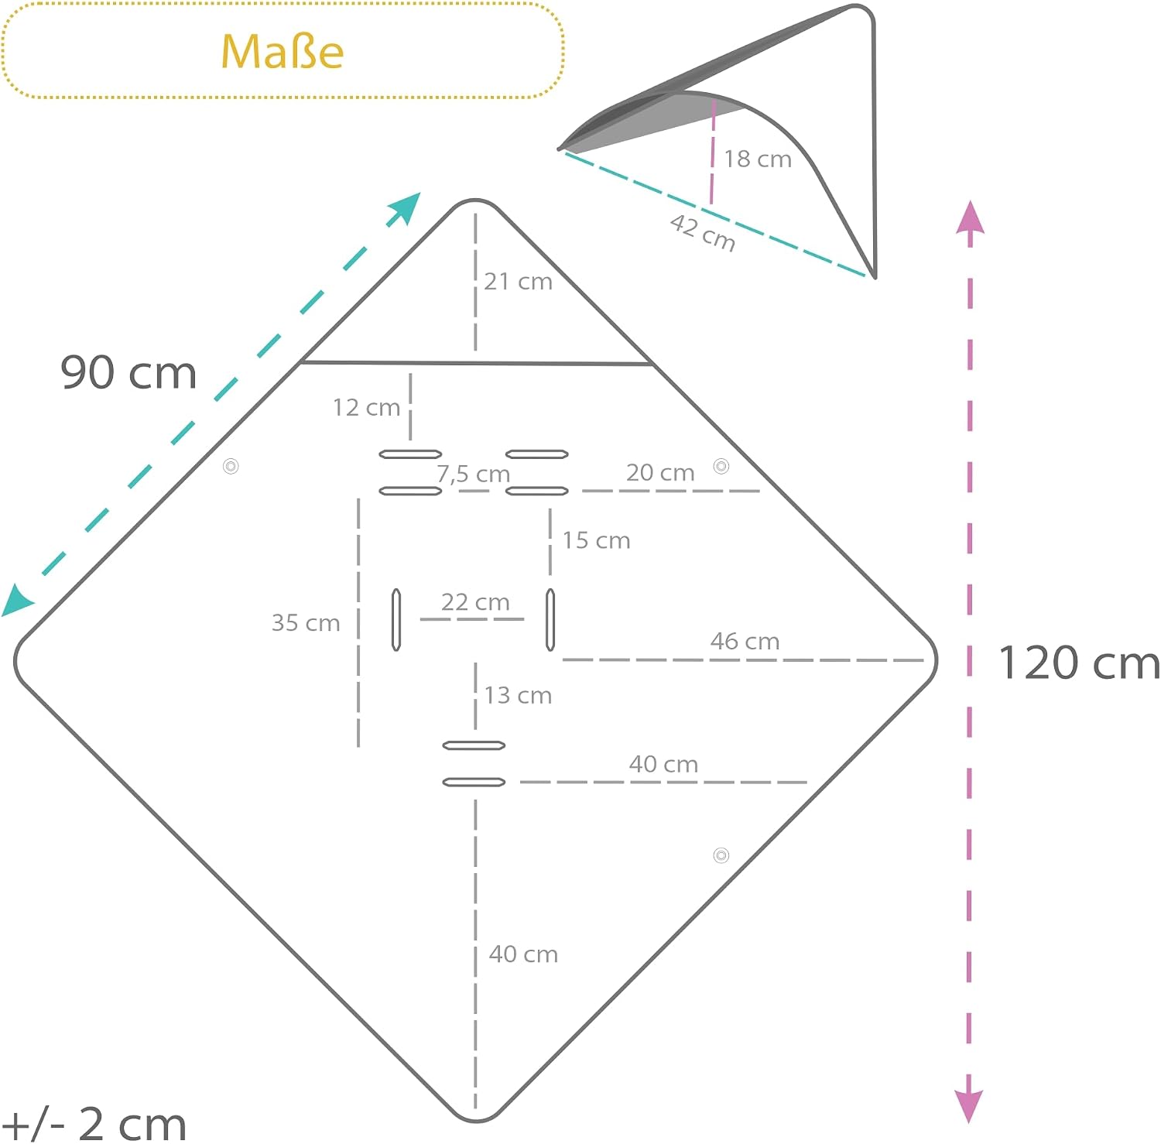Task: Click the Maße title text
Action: tap(283, 52)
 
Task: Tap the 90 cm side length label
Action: tap(128, 372)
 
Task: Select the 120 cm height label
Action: tap(1080, 663)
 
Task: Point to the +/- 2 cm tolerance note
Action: tap(94, 1124)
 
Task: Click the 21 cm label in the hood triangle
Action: tap(518, 281)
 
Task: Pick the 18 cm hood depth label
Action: tap(758, 159)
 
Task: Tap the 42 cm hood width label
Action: tap(703, 233)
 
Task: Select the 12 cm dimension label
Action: tap(366, 407)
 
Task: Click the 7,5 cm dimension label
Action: tap(473, 474)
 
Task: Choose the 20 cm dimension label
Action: tap(660, 472)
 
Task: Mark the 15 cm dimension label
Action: tap(596, 540)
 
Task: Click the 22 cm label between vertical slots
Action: tap(475, 601)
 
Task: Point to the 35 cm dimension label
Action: tap(306, 622)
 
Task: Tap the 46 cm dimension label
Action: tap(745, 641)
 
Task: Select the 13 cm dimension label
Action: tap(518, 695)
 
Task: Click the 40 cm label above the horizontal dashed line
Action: tap(663, 764)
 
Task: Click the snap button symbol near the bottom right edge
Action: tap(721, 855)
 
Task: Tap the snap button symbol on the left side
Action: tap(231, 466)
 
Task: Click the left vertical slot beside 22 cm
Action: tap(396, 619)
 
